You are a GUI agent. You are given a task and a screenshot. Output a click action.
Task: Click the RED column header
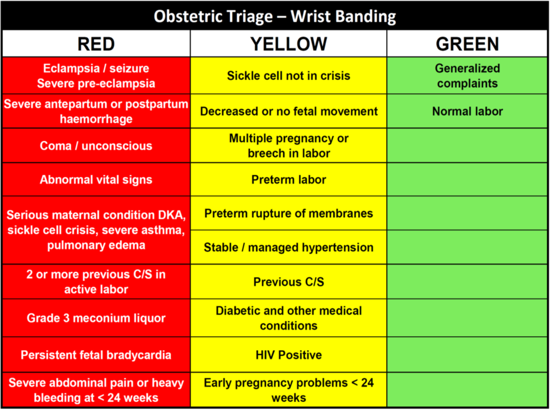[96, 44]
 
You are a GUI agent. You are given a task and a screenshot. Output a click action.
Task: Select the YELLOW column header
[289, 44]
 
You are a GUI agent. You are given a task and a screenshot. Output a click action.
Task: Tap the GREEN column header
[467, 44]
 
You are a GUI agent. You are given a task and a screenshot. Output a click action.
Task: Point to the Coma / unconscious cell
[96, 146]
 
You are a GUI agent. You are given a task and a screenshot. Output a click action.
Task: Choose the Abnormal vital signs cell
[96, 180]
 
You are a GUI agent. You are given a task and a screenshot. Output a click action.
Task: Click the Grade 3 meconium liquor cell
[96, 318]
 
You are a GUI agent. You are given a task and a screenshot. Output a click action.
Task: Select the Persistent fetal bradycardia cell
[96, 355]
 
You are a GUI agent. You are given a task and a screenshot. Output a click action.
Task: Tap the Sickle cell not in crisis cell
[289, 76]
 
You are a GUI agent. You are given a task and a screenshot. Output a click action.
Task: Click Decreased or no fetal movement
[289, 111]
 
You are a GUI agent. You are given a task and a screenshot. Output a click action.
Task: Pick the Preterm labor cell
[289, 180]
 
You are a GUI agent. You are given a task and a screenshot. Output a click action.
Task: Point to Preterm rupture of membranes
[289, 213]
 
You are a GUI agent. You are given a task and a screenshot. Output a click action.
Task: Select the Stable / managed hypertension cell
[289, 248]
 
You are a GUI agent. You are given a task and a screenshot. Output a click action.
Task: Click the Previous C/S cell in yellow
[289, 282]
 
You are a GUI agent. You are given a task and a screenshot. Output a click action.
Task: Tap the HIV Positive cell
[289, 355]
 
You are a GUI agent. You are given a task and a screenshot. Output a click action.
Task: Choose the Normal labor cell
[467, 111]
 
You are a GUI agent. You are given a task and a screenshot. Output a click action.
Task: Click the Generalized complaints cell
[467, 76]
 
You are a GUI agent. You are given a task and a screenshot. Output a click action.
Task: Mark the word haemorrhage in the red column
[96, 119]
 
